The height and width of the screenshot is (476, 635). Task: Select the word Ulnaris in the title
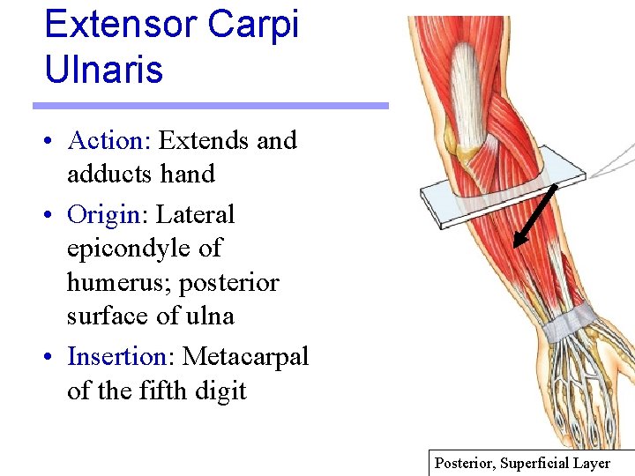[x=103, y=70]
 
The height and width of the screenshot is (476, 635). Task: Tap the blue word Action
[x=105, y=140]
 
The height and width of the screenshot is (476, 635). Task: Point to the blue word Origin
[x=103, y=214]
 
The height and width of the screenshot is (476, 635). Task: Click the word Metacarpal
[x=245, y=356]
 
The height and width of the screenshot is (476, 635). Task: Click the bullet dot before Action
[x=54, y=142]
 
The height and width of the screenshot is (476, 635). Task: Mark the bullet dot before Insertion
[x=54, y=358]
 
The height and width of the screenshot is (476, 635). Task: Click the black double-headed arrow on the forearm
[x=534, y=214]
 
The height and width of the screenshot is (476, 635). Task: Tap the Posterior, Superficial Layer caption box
[x=532, y=463]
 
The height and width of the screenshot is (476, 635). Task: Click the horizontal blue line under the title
[x=211, y=106]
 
